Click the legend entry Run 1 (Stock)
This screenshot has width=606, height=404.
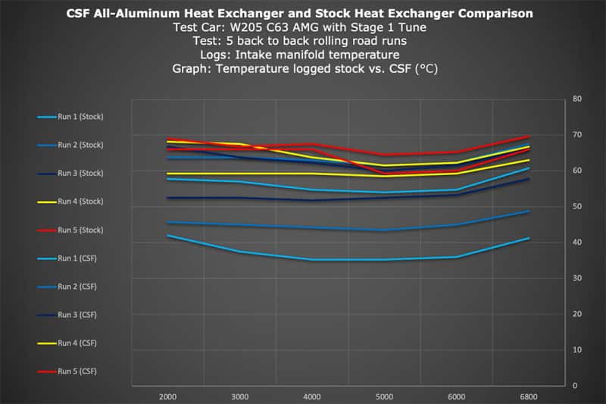[x=70, y=117]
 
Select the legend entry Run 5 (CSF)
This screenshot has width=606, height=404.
[x=67, y=371]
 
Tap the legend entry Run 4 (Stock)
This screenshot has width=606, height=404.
[x=70, y=202]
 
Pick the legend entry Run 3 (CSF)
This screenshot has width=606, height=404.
[x=67, y=315]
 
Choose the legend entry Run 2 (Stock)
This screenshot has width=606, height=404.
[x=70, y=145]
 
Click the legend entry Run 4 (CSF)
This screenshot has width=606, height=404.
[x=67, y=343]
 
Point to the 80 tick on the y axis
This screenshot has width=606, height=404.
[x=577, y=99]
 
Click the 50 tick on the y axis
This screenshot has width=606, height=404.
[x=577, y=206]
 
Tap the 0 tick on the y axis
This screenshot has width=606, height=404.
[x=575, y=386]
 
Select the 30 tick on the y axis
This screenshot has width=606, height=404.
[x=577, y=278]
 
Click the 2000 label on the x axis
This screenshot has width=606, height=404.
[x=167, y=396]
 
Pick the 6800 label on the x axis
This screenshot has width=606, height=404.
[x=528, y=396]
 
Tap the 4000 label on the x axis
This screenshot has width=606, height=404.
[x=312, y=396]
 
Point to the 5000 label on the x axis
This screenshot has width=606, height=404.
[x=384, y=396]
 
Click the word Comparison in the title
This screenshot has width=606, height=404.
[x=495, y=14]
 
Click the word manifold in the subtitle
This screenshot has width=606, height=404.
[x=319, y=55]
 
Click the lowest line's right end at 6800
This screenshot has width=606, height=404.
[x=529, y=238]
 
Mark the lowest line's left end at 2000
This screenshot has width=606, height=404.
[x=167, y=235]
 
